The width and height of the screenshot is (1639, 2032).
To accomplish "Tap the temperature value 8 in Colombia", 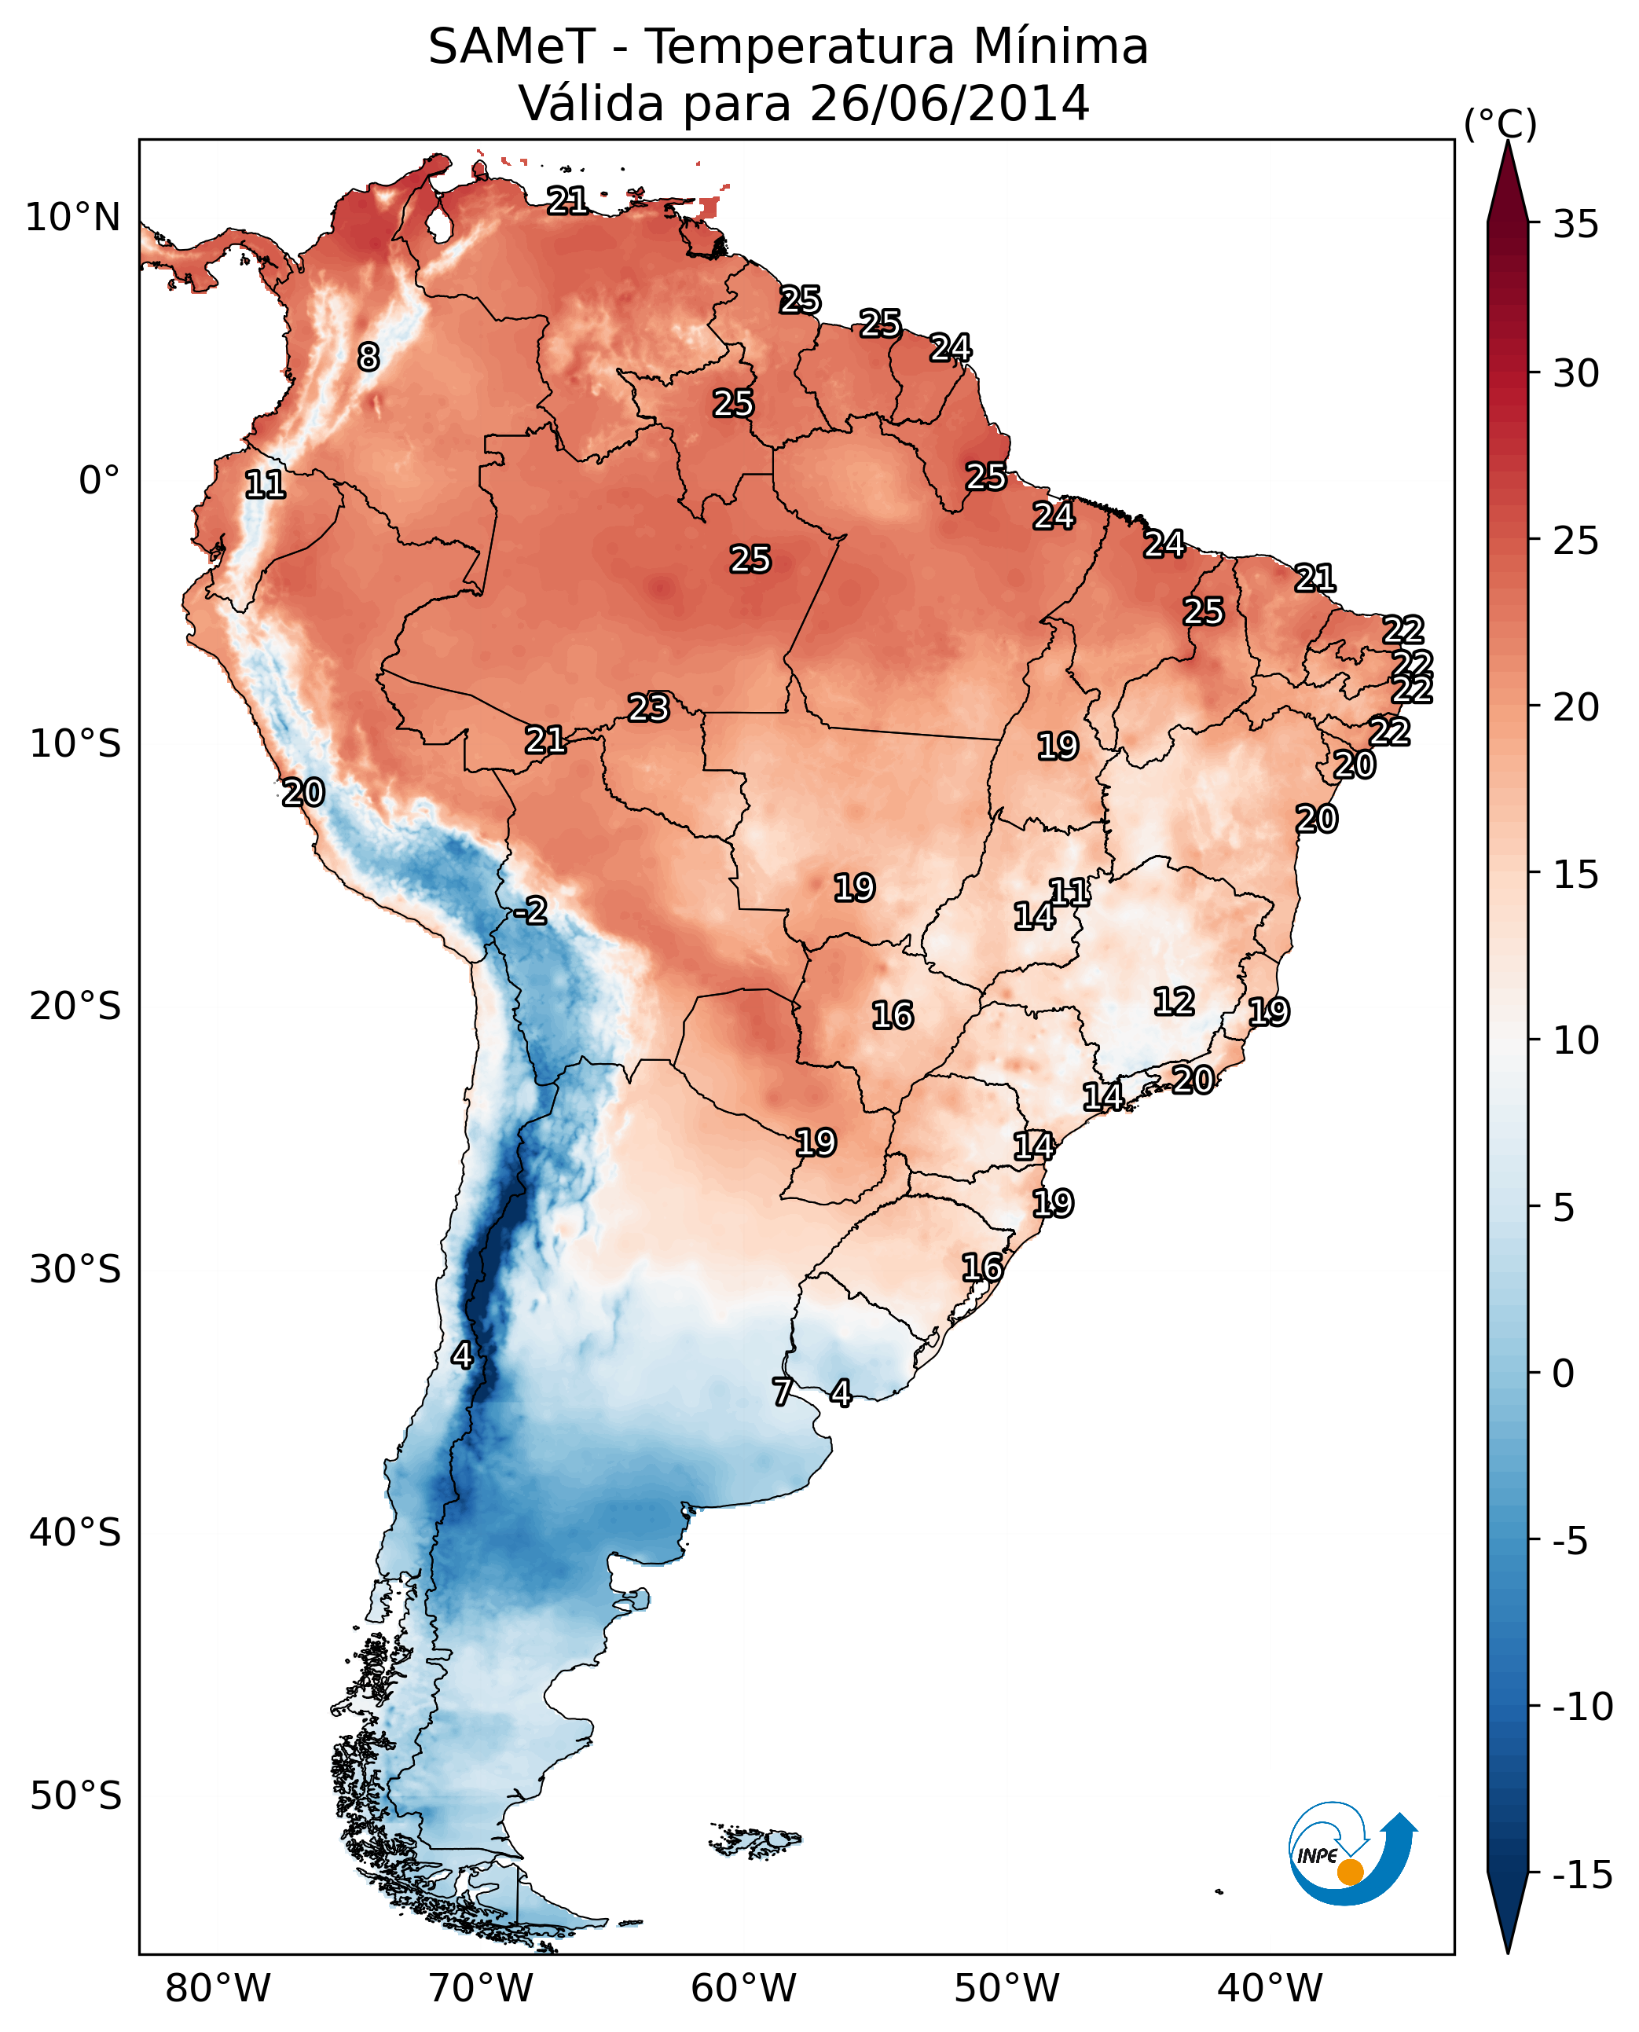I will [368, 357].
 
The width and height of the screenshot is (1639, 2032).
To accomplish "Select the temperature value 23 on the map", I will [649, 707].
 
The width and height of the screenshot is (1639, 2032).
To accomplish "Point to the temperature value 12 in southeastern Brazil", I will [1174, 1001].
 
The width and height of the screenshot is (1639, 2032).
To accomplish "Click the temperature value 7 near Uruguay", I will [782, 1392].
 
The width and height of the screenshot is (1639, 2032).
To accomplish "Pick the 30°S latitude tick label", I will [75, 1269].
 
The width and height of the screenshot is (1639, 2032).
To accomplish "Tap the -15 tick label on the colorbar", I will [1582, 1874].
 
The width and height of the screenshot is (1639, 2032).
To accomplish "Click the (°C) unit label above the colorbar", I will [1500, 123].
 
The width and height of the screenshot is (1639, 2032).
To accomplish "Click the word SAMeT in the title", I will [511, 47].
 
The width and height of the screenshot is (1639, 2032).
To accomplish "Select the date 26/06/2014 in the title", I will [949, 103].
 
